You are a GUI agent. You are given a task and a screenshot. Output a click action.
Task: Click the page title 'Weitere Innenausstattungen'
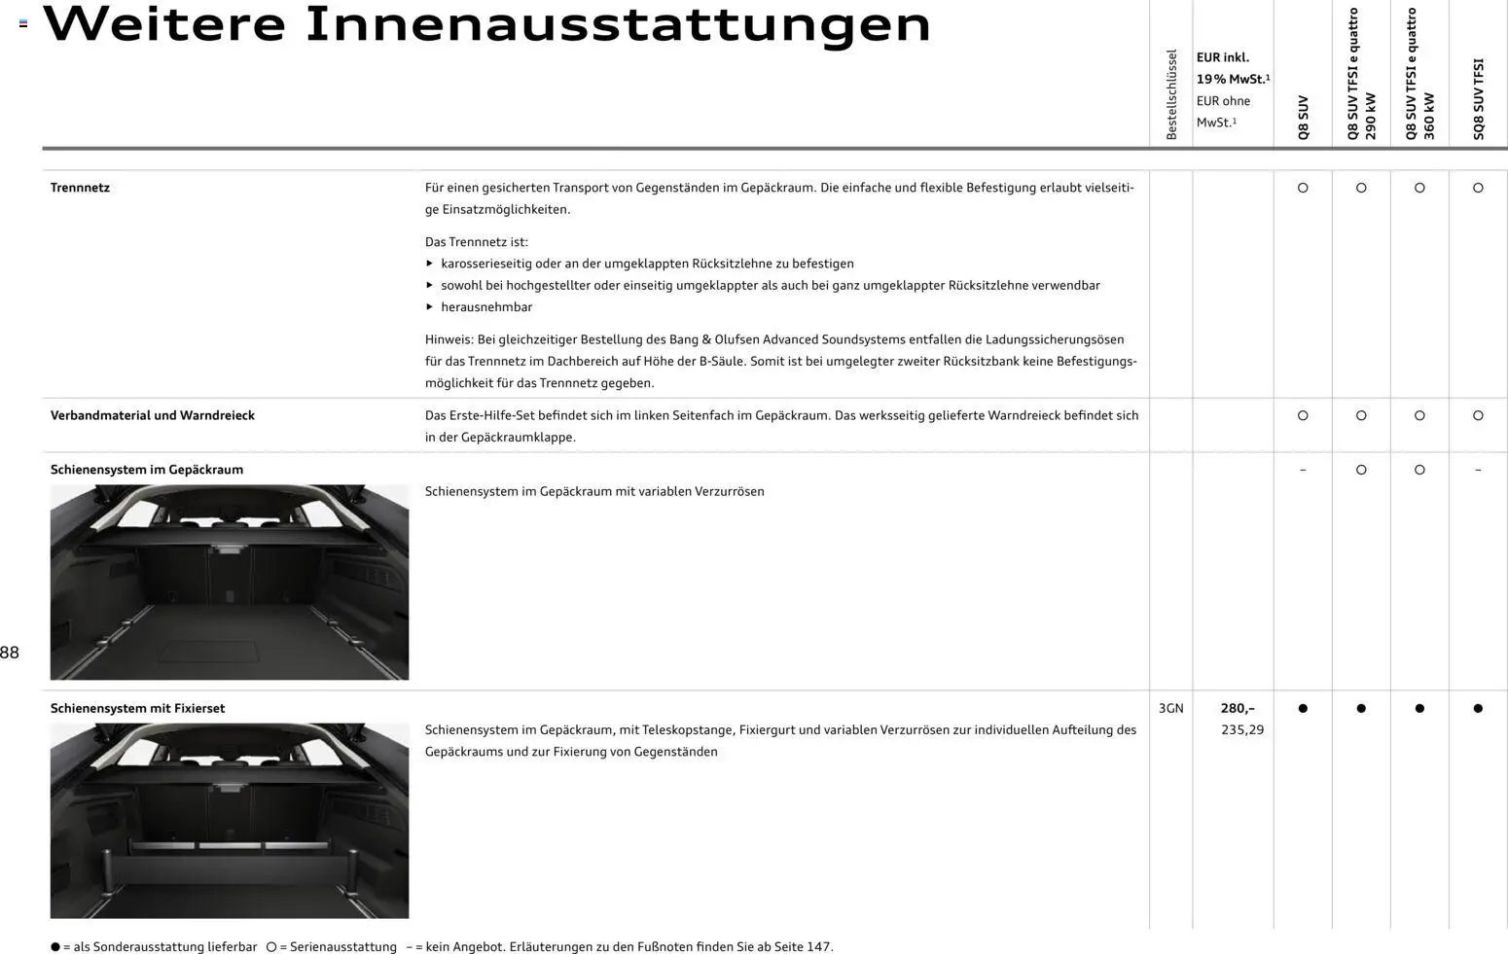point(486,25)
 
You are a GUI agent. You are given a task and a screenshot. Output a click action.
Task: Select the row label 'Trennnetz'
point(80,188)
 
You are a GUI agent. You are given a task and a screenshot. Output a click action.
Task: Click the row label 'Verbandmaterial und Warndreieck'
point(152,415)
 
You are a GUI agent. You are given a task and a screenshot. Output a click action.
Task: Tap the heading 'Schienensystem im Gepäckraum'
point(146,470)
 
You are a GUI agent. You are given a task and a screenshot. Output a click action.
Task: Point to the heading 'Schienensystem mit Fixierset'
point(137,709)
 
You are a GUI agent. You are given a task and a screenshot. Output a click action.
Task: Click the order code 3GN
point(1170,709)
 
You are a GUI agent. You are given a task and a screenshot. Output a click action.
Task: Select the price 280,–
point(1237,709)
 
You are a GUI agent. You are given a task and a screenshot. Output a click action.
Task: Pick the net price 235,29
point(1241,730)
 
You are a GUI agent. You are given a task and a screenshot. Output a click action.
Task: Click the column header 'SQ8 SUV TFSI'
point(1478,99)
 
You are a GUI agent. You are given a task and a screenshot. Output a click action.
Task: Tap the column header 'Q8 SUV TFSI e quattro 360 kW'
point(1418,75)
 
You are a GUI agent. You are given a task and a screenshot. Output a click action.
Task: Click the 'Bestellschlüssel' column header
point(1171,94)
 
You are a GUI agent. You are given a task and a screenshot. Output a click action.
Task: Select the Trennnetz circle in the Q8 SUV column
point(1303,188)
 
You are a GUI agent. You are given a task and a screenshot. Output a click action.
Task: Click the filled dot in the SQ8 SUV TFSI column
point(1478,709)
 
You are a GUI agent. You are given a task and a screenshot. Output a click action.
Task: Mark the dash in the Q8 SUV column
point(1303,471)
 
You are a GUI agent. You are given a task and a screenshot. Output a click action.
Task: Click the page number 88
point(10,653)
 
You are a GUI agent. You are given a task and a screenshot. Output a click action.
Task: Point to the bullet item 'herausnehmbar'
point(485,307)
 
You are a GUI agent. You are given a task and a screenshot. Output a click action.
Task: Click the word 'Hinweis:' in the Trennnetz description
point(449,339)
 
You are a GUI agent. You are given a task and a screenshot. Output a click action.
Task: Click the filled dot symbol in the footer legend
point(55,947)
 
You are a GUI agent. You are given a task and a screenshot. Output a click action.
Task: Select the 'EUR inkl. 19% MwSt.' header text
point(1232,68)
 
